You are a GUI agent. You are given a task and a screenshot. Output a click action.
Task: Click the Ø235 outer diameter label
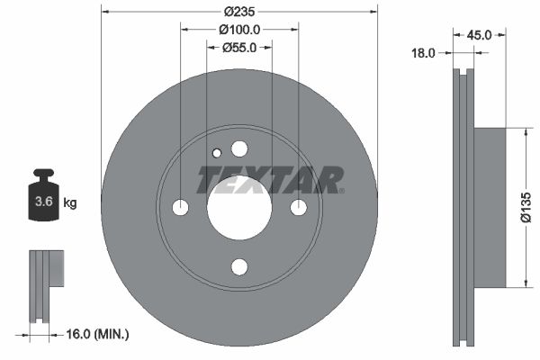[x=238, y=12]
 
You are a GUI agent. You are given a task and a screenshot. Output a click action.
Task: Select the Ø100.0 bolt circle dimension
[x=238, y=30]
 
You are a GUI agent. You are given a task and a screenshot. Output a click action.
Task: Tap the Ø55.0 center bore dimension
[x=239, y=48]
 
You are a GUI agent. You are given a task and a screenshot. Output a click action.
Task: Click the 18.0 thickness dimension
[x=422, y=53]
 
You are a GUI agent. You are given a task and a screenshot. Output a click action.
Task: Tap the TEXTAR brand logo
[x=270, y=180]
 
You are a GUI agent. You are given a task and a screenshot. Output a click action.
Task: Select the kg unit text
[x=69, y=203]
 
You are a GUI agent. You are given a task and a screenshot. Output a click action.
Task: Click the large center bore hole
[x=238, y=208]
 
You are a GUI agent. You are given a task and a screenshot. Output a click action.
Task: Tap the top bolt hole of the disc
[x=238, y=148]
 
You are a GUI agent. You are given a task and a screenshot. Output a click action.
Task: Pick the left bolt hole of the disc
[x=180, y=208]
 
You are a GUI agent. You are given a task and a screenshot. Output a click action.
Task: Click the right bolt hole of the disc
[x=298, y=208]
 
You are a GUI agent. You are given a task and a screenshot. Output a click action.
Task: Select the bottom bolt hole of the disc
[x=238, y=266]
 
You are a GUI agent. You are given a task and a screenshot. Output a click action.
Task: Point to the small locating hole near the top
[x=216, y=153]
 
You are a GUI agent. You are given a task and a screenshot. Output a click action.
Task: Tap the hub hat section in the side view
[x=490, y=208]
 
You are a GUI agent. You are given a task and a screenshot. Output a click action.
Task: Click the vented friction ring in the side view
[x=463, y=208]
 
